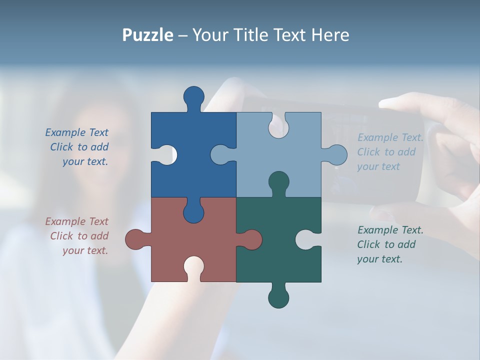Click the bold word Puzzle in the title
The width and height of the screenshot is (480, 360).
[x=148, y=35]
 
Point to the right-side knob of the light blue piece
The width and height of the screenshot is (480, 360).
[x=336, y=155]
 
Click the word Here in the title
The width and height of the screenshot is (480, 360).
[x=330, y=35]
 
